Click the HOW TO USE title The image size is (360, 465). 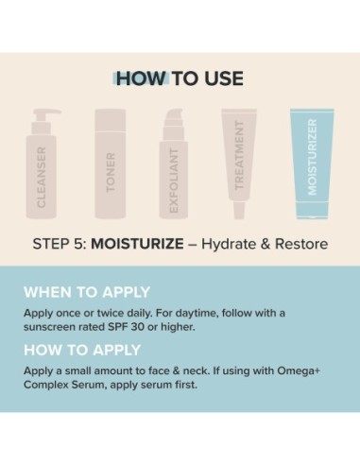[x=180, y=77]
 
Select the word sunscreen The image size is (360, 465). [x=53, y=327]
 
